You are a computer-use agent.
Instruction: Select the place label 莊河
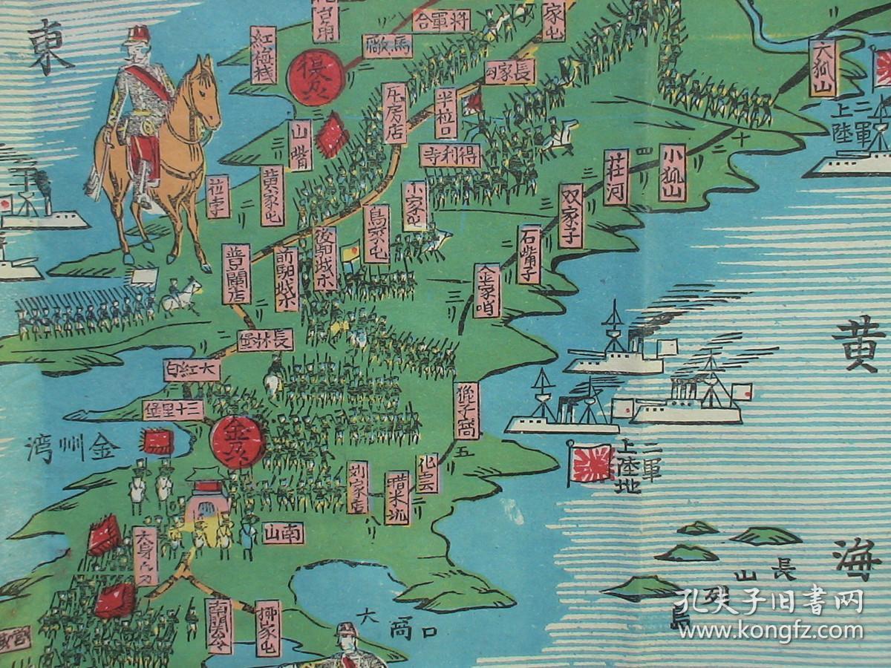pos(616,177)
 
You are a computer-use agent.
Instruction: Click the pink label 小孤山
pos(672,173)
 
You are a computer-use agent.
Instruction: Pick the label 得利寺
pos(450,155)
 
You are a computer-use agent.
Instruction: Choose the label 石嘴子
pos(530,255)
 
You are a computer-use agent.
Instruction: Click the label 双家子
pos(571,215)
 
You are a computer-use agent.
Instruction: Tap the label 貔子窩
pos(467,410)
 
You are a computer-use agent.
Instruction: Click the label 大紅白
pos(192,369)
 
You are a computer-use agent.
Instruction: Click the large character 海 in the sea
pos(862,563)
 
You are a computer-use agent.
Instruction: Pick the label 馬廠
pos(388,46)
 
